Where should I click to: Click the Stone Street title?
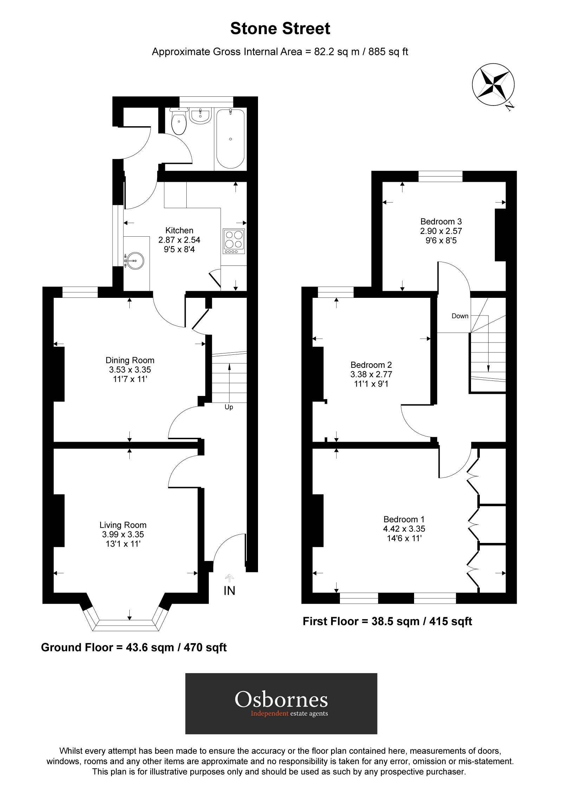pyautogui.click(x=280, y=29)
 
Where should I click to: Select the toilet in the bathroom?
pyautogui.click(x=179, y=122)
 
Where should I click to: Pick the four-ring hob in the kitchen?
pyautogui.click(x=234, y=241)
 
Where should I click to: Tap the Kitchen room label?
pyautogui.click(x=179, y=230)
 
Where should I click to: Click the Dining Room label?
pyautogui.click(x=130, y=360)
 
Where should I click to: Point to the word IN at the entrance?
pyautogui.click(x=229, y=591)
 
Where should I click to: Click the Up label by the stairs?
pyautogui.click(x=229, y=407)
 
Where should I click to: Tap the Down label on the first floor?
pyautogui.click(x=460, y=316)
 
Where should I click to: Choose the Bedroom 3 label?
pyautogui.click(x=441, y=222)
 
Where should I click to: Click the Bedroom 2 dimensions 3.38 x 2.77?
pyautogui.click(x=371, y=374)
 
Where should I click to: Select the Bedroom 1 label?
pyautogui.click(x=404, y=519)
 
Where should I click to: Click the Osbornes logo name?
pyautogui.click(x=281, y=699)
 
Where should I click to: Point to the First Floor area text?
pyautogui.click(x=387, y=621)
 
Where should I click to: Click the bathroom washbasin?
pyautogui.click(x=200, y=116)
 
